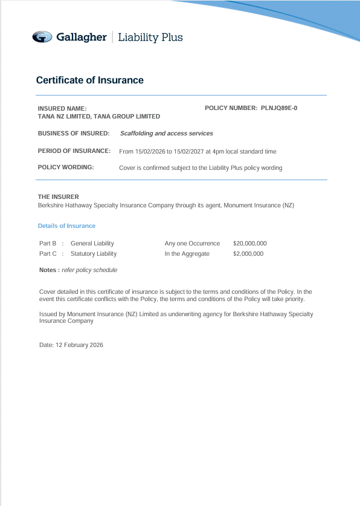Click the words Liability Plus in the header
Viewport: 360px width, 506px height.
150,37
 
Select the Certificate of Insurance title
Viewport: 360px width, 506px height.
89,80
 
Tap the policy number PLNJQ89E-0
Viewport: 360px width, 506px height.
279,108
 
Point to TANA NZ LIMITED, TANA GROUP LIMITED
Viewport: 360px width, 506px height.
98,116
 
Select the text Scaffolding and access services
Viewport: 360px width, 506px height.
166,133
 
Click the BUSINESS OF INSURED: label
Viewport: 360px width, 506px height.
74,133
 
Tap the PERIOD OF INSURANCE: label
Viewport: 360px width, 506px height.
74,151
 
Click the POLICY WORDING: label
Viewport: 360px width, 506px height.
66,167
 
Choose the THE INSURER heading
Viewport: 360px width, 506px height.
58,196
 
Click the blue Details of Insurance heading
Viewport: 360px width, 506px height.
66,226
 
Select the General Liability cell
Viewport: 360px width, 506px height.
92,243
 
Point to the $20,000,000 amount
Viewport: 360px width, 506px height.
249,243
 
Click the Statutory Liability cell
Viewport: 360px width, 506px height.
94,254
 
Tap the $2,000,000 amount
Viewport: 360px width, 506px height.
248,254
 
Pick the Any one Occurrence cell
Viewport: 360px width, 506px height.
192,243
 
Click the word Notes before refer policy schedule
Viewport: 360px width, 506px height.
48,270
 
